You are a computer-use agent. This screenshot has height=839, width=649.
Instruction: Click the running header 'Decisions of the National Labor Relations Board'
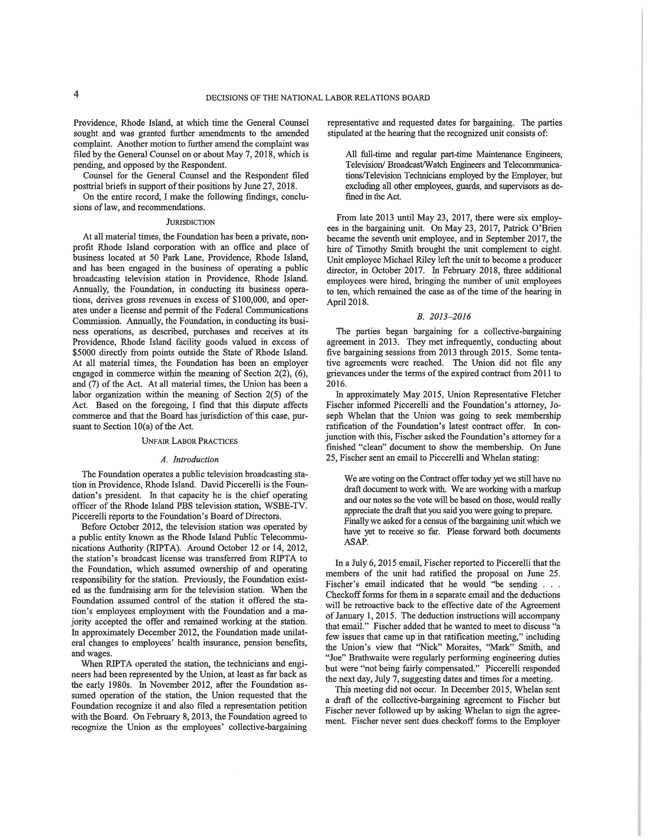318,98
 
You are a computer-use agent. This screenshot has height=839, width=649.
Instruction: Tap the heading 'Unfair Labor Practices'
190,441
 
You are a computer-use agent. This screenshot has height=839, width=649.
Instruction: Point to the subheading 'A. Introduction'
190,459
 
